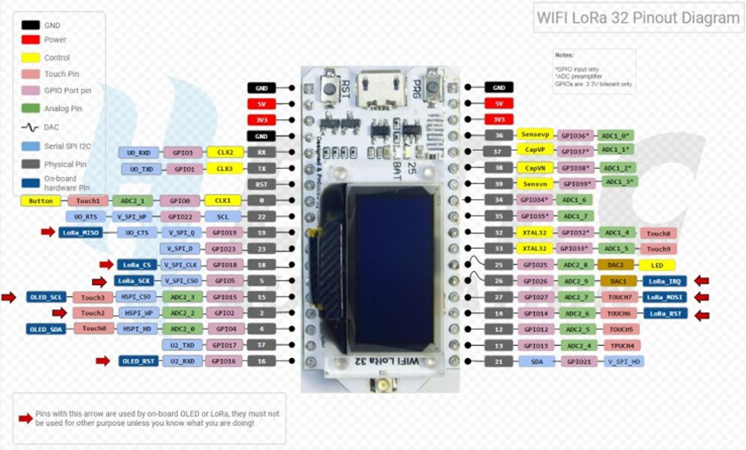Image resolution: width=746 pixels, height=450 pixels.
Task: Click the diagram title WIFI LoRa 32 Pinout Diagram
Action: click(x=637, y=18)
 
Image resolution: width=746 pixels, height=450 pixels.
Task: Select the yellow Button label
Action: click(x=41, y=201)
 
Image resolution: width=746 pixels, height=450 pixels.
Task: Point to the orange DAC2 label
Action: click(x=616, y=265)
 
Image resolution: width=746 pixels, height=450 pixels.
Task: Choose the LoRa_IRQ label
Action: click(x=666, y=281)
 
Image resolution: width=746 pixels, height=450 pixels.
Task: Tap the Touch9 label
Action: click(x=659, y=248)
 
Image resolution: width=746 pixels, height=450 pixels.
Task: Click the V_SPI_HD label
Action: click(x=625, y=361)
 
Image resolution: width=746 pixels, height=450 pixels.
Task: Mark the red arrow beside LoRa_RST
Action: click(x=703, y=313)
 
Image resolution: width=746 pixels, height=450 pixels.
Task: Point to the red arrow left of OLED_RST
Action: click(x=103, y=361)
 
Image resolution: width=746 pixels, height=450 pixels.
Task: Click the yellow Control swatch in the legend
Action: click(x=30, y=58)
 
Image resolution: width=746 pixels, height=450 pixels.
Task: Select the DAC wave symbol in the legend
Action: click(x=30, y=127)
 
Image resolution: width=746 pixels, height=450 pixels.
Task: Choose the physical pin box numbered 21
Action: click(x=498, y=361)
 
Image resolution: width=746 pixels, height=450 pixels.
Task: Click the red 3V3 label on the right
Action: click(x=498, y=119)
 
